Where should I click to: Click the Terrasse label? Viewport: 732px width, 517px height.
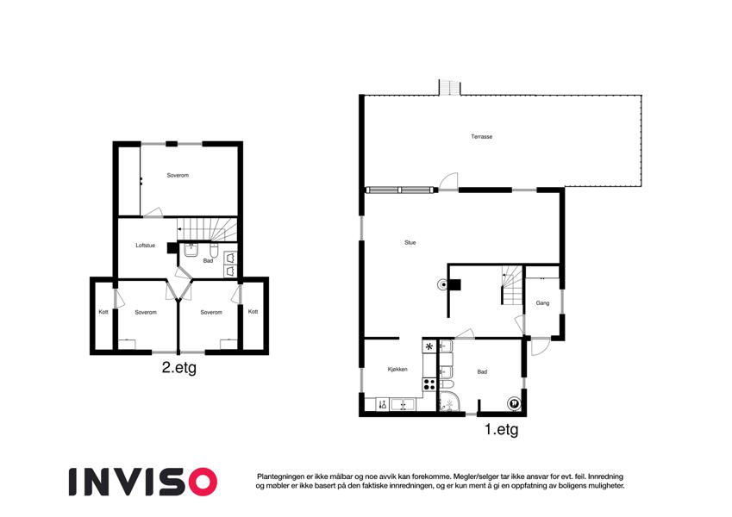pos(481,137)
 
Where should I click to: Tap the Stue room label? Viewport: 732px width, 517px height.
pos(410,243)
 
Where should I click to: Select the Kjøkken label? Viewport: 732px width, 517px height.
pos(397,369)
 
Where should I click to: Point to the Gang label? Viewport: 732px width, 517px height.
pos(542,302)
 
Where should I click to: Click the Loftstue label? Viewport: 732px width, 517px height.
pos(145,246)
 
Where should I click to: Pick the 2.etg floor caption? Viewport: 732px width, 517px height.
pos(178,368)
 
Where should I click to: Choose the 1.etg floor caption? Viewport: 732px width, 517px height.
pos(502,429)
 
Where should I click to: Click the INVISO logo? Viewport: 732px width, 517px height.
pos(143,482)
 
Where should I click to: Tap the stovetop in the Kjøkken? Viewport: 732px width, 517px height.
pos(429,384)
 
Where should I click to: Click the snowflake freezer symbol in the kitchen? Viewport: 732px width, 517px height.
pos(429,346)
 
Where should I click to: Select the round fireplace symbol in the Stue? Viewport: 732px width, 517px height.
pos(441,284)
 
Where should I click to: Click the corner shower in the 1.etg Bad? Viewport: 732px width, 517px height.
pos(449,402)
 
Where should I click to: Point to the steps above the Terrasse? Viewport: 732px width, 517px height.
pos(449,87)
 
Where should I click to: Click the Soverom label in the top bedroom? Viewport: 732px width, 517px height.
pos(178,176)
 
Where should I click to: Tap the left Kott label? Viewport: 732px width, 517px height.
pos(103,312)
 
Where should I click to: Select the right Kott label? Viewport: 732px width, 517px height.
pos(253,312)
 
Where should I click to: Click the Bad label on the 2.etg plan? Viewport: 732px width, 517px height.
pos(208,261)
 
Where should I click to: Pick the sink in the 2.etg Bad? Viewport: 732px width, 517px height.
pos(191,251)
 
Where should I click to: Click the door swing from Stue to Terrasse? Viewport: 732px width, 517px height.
pos(449,182)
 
